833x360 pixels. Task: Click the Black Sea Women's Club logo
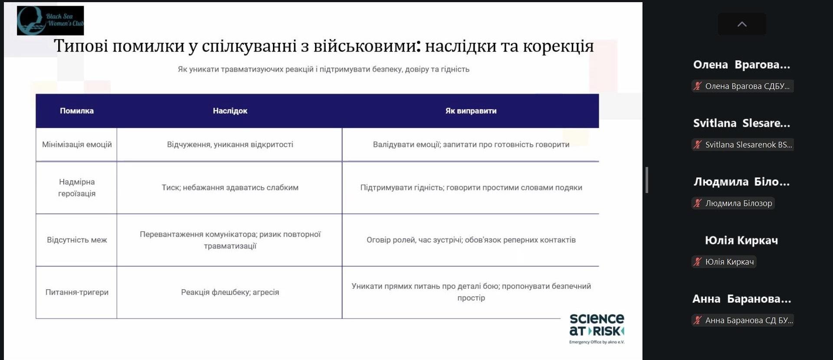(50, 20)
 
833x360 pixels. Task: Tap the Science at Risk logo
(597, 329)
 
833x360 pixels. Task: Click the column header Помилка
(77, 111)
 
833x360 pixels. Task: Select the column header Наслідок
(230, 111)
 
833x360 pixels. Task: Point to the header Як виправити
(471, 111)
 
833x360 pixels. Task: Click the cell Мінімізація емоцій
(77, 144)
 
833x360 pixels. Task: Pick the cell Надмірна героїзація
(77, 187)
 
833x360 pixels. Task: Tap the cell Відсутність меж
(77, 240)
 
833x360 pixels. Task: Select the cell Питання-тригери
(77, 292)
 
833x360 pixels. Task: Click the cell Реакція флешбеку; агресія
(230, 292)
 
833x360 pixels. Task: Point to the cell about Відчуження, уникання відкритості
(230, 144)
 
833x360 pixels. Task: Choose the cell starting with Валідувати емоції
(471, 144)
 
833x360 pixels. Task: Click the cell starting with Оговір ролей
(471, 240)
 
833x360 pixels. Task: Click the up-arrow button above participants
(742, 24)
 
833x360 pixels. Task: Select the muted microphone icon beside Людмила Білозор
(697, 203)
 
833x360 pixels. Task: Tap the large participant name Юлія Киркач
(741, 240)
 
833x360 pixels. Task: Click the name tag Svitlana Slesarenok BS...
(743, 144)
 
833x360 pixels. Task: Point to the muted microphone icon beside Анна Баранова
(697, 320)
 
